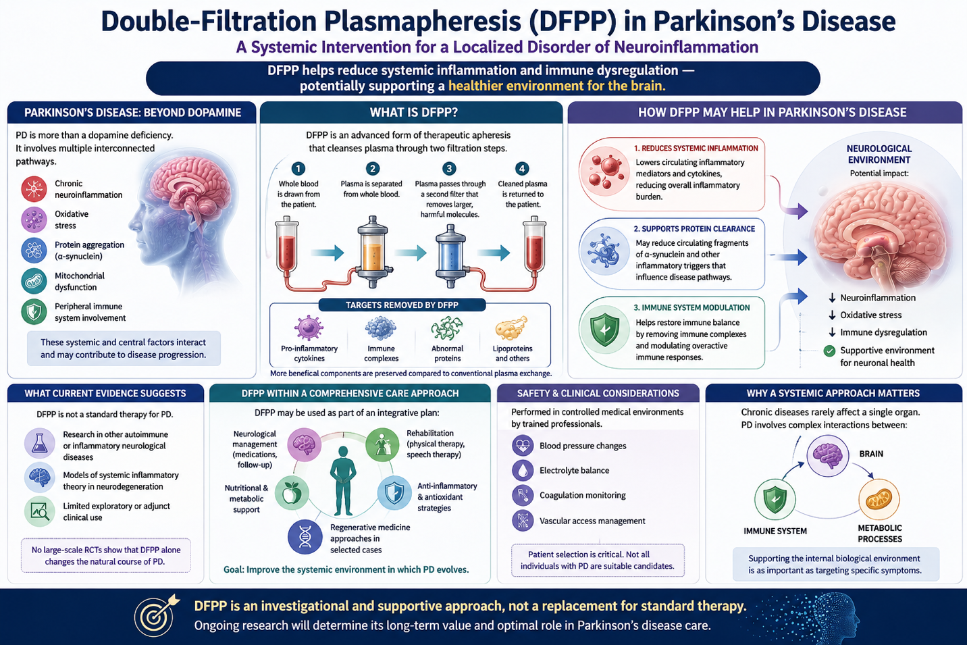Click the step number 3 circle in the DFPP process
point(449,168)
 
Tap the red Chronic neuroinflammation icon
point(34,189)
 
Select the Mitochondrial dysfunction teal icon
point(34,281)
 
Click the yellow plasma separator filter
point(373,252)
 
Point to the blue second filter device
point(450,256)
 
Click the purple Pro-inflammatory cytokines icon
point(309,328)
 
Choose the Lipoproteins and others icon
point(512,328)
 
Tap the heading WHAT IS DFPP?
point(413,113)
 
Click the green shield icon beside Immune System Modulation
point(605,330)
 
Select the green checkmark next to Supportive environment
point(829,351)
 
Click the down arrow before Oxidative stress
point(832,315)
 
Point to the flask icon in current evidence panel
point(40,443)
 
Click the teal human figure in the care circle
point(343,480)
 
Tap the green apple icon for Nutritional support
point(292,493)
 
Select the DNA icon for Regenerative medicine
point(305,537)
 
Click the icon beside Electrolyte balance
point(523,470)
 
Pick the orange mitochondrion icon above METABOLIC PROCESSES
point(879,500)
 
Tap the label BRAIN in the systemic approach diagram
point(871,454)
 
